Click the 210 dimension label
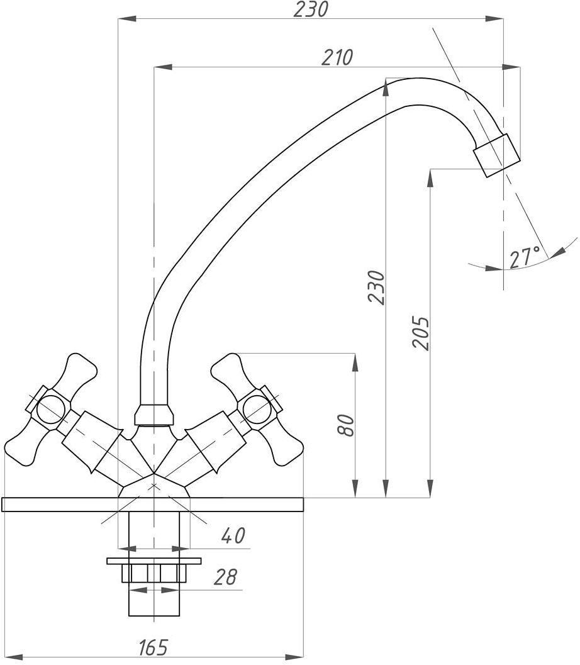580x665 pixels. [337, 57]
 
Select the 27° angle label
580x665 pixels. [525, 257]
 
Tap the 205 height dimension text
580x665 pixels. [421, 332]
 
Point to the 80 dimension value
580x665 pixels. [345, 425]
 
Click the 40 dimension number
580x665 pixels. [233, 535]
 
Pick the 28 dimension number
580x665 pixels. [225, 577]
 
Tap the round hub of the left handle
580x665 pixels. [51, 410]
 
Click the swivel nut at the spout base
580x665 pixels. [154, 415]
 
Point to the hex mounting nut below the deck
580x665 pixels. [154, 573]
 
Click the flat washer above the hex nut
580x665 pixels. [154, 561]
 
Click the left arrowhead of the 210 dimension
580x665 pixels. [163, 67]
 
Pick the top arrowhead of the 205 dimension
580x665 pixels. [430, 179]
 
